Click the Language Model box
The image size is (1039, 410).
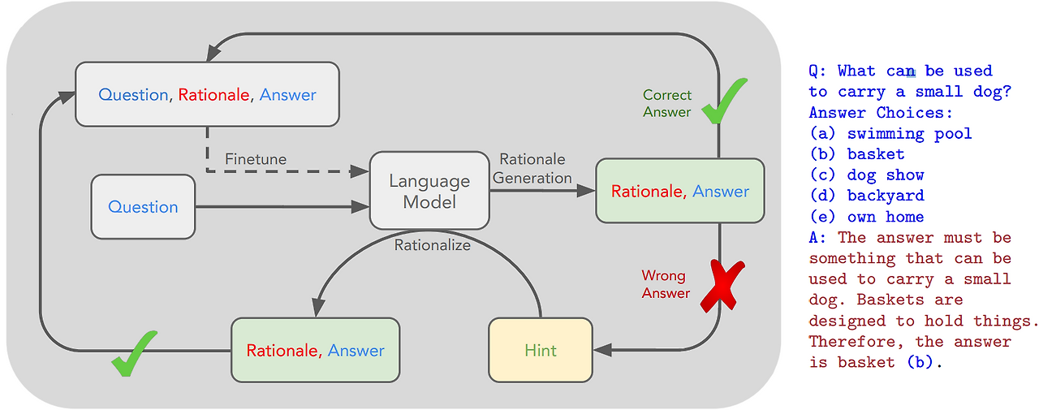429,191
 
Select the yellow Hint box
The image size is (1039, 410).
541,350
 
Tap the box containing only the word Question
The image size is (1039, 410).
143,207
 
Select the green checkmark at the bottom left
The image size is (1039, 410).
135,353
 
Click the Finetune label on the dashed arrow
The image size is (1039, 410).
256,159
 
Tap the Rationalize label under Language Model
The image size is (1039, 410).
432,244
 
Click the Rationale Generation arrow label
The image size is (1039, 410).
532,168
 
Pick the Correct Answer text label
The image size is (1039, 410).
667,103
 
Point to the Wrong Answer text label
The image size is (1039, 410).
666,284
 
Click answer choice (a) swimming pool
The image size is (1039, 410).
890,133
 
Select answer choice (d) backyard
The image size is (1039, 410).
866,196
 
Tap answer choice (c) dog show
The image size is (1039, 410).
866,175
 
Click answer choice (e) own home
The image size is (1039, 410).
866,217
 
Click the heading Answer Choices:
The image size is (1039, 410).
880,113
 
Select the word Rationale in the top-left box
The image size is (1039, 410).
213,95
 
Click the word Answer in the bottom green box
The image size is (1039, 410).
356,351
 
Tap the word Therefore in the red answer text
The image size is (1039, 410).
851,342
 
